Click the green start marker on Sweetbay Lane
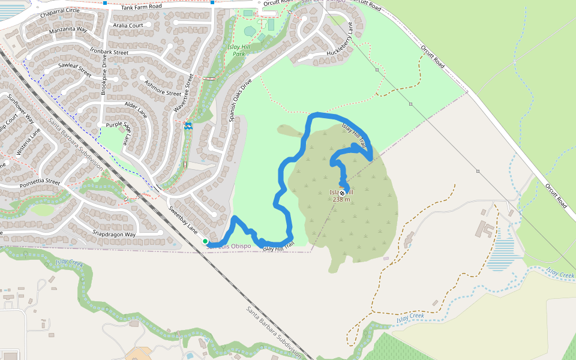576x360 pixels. pyautogui.click(x=205, y=241)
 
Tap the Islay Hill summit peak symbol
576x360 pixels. pyautogui.click(x=342, y=193)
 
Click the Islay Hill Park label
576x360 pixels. pyautogui.click(x=239, y=50)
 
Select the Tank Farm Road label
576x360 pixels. pyautogui.click(x=142, y=7)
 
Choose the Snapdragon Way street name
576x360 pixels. pyautogui.click(x=114, y=234)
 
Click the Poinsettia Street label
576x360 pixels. pyautogui.click(x=36, y=181)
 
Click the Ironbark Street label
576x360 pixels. pyautogui.click(x=109, y=52)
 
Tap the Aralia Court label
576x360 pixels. pyautogui.click(x=127, y=26)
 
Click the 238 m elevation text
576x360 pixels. pyautogui.click(x=341, y=199)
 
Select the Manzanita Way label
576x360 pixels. pyautogui.click(x=68, y=29)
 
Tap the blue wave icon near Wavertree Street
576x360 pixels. pyautogui.click(x=188, y=125)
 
